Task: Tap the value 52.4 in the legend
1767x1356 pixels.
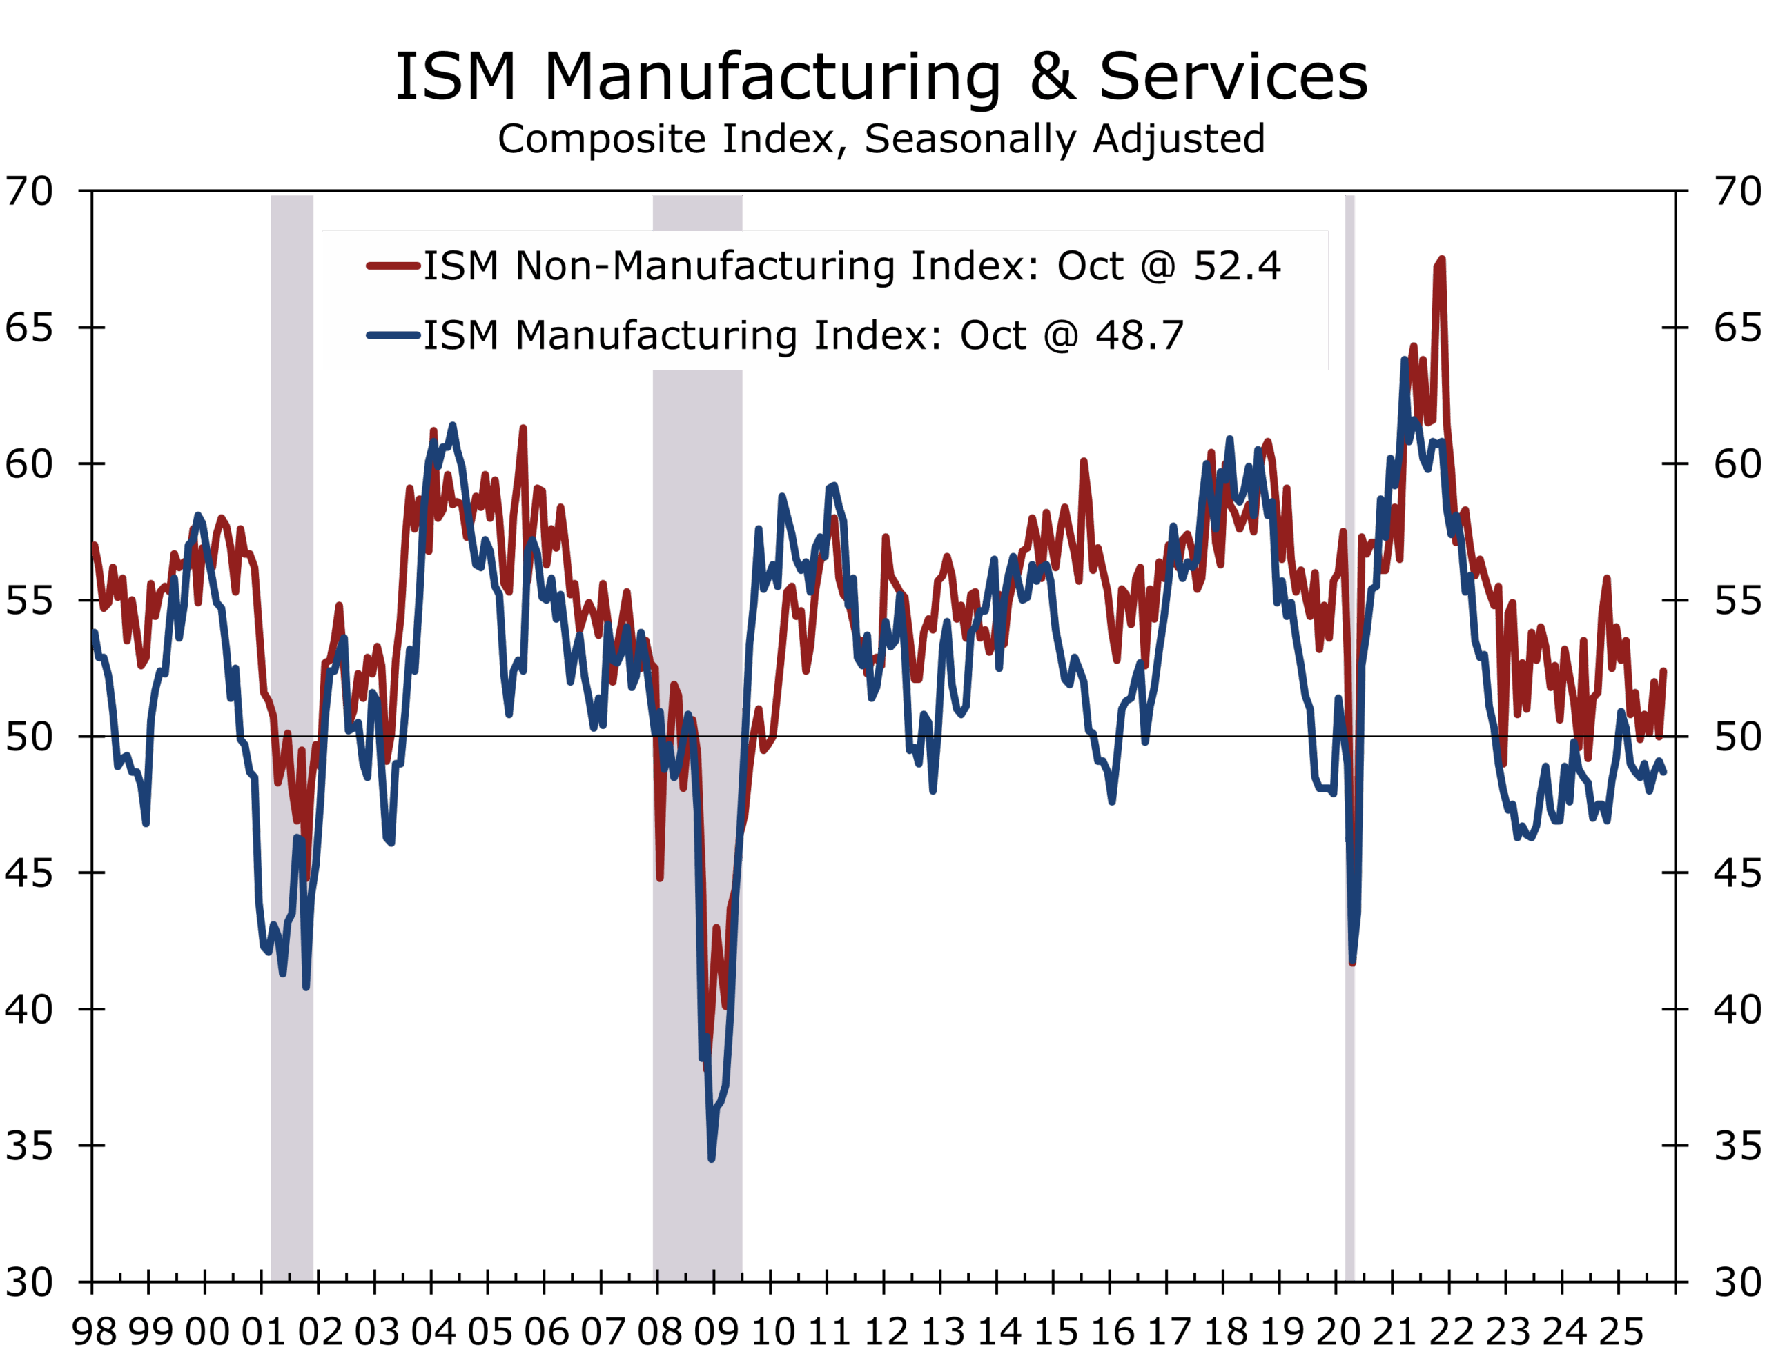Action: coord(1236,266)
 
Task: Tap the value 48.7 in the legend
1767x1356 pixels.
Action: coord(1140,335)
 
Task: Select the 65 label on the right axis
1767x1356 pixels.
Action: coord(1737,328)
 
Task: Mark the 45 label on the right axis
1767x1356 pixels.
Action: coord(1737,873)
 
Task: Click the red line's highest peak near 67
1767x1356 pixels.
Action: coord(1441,260)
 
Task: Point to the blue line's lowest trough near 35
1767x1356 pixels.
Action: coord(712,1158)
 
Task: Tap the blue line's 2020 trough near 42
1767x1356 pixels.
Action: coord(1353,961)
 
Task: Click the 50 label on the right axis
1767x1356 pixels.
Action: coord(1737,737)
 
